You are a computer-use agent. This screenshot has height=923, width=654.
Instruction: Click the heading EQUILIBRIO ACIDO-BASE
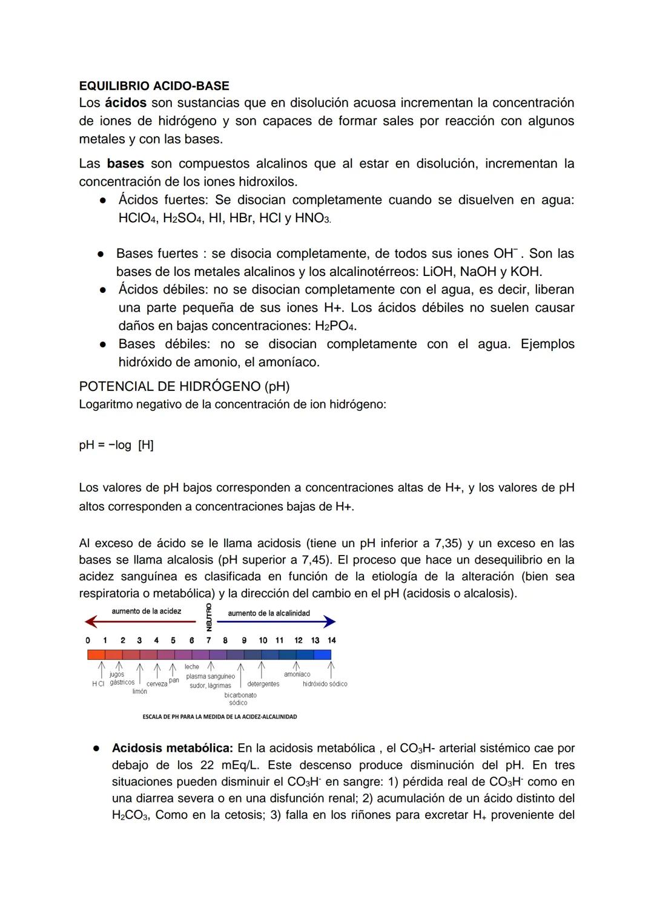154,86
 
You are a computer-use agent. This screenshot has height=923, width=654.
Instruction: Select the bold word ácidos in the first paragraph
125,103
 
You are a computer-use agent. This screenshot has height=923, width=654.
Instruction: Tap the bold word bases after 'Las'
125,163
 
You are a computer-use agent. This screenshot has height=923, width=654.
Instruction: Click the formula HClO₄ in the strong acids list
138,218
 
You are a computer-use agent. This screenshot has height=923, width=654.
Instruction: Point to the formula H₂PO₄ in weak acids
334,326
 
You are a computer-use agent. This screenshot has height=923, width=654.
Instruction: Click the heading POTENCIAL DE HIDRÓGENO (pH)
184,386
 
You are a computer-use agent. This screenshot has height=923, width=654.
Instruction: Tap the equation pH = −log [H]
116,445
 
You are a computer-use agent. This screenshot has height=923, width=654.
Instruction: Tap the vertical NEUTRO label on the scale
209,617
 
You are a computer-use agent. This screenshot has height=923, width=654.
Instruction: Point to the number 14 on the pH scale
331,640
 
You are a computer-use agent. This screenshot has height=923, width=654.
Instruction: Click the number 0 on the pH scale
88,640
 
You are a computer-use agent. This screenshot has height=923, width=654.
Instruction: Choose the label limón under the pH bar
139,692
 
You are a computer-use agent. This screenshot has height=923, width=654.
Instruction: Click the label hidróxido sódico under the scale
325,684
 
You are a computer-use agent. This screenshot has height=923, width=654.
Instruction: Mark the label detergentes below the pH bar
263,684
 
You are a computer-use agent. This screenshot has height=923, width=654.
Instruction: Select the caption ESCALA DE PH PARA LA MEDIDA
219,717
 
